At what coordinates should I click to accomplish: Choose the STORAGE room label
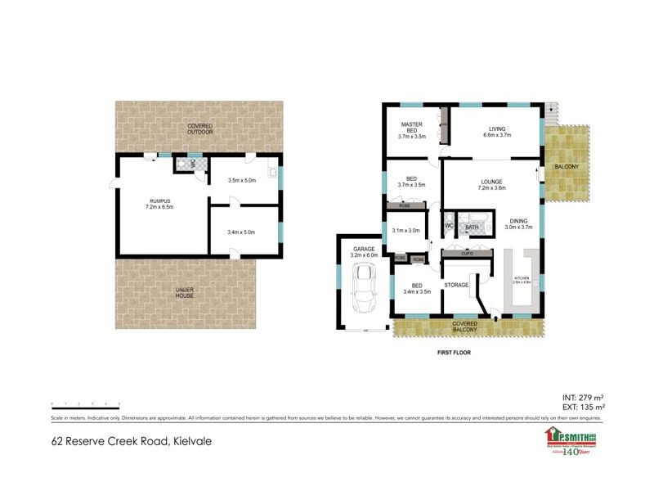pos(456,285)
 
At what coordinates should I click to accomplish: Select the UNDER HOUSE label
pos(185,292)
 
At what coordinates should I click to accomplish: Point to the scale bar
pos(86,404)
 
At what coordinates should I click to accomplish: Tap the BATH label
pos(472,227)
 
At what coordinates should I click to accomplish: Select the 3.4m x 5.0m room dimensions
pos(241,232)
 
